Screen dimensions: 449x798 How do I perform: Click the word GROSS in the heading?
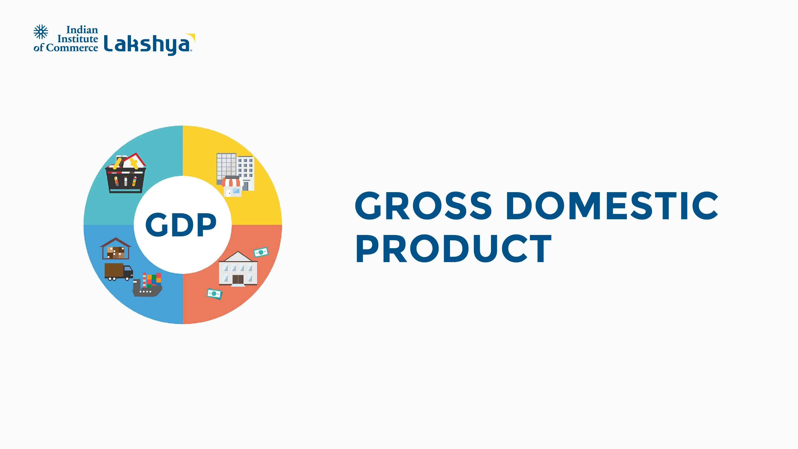tap(423, 206)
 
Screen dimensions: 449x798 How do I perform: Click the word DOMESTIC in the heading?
tap(612, 206)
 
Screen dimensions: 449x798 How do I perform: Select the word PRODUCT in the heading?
tap(454, 248)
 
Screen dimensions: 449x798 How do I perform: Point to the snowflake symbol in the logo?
tap(41, 32)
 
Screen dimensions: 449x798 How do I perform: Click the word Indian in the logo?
tap(82, 30)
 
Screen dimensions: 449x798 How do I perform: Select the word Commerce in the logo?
tap(72, 48)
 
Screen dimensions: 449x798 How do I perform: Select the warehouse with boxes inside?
tap(116, 249)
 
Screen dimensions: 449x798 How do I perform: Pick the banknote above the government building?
tap(261, 252)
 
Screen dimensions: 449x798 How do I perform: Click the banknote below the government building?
tap(214, 294)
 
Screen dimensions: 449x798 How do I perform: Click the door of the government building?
tap(238, 280)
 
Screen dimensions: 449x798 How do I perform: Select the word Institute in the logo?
tap(78, 39)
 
